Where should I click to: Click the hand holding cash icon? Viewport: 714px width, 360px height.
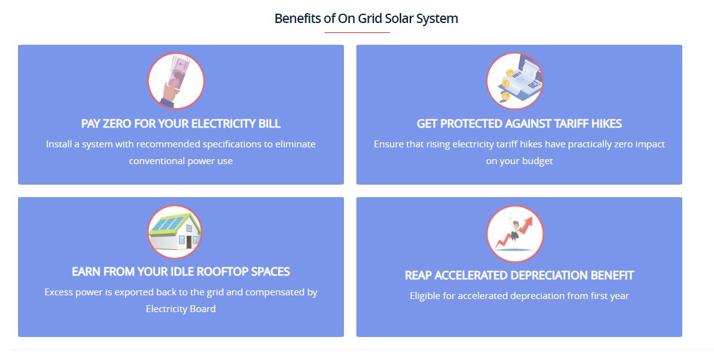(176, 81)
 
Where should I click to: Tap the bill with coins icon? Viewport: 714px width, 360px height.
(515, 81)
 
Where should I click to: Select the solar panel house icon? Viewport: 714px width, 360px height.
(175, 232)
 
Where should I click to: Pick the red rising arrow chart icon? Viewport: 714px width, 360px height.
(515, 234)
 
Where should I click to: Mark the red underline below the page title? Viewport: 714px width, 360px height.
(357, 33)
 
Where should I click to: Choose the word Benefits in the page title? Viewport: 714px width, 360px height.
(298, 19)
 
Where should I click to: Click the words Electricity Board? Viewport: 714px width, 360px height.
(181, 309)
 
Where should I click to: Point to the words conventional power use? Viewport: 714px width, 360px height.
(181, 161)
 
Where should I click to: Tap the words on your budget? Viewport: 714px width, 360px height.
(519, 161)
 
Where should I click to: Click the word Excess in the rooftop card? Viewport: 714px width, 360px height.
(58, 292)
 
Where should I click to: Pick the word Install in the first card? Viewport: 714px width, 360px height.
(58, 144)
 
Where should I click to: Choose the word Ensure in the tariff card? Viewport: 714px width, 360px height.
(388, 144)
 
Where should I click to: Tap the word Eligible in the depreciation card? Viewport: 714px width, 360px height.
(425, 296)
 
